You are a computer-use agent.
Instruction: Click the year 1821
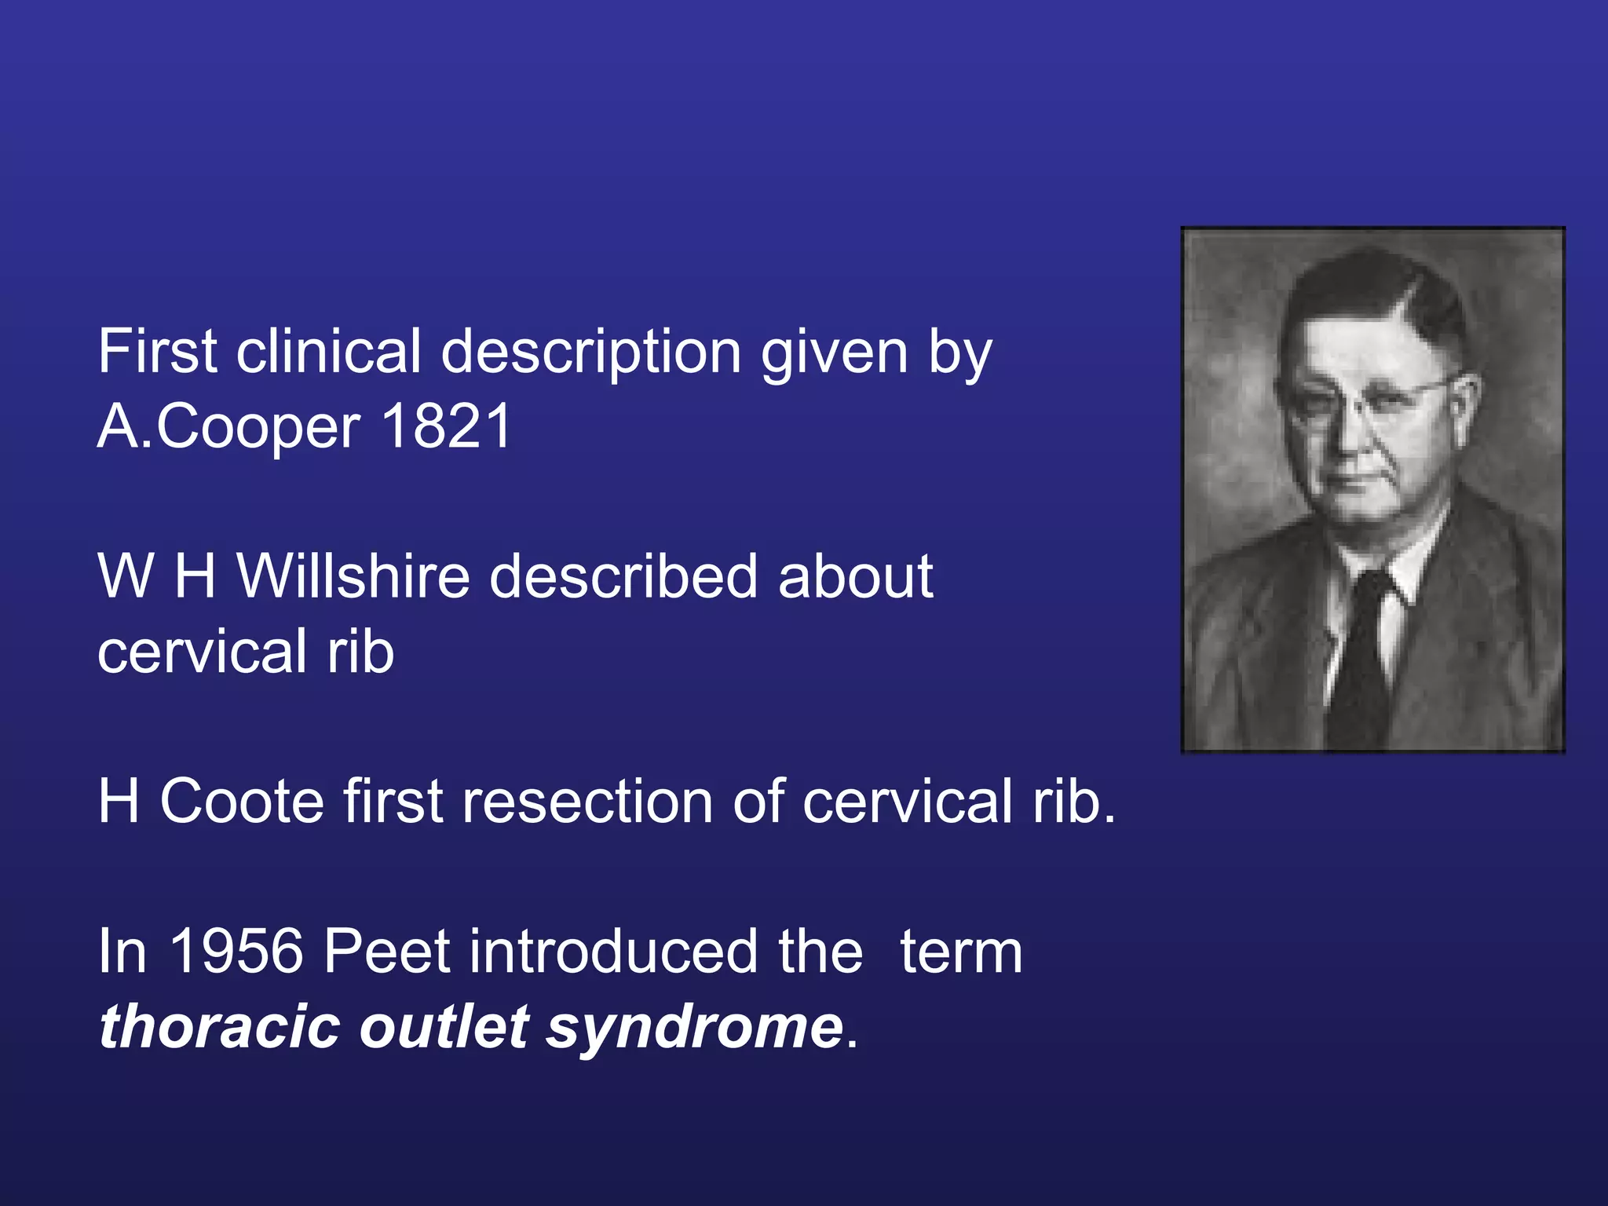446,426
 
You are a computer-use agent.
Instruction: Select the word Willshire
353,577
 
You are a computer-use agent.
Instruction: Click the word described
623,577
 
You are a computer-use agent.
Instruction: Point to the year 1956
236,952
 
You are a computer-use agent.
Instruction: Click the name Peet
386,952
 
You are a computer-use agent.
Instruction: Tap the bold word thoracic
220,1027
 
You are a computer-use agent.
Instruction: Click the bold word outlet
444,1027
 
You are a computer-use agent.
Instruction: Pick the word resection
589,802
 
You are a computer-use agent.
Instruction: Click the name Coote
242,802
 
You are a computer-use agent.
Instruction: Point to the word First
157,352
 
